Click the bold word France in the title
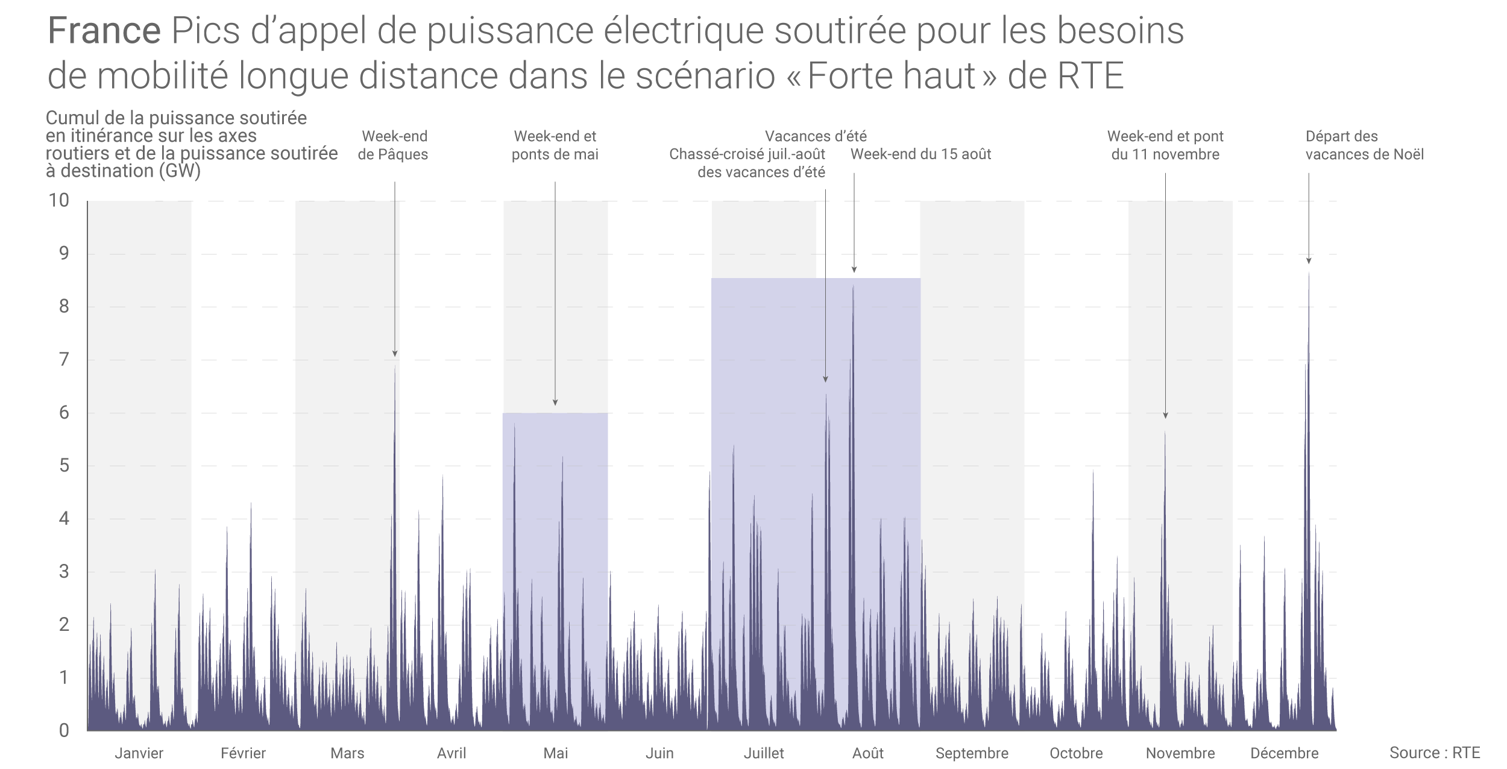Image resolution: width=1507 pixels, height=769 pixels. [x=104, y=31]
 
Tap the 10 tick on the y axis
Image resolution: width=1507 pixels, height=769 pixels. [x=59, y=200]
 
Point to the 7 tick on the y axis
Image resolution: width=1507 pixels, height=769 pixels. [x=64, y=359]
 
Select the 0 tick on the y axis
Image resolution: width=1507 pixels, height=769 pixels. [x=64, y=730]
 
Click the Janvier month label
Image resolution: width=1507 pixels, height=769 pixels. [x=139, y=753]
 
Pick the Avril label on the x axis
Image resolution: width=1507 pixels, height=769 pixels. [x=451, y=753]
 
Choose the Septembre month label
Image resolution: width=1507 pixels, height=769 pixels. [x=972, y=753]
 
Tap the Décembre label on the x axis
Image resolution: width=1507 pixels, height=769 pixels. [x=1284, y=753]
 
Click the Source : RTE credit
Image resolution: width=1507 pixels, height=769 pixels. [x=1435, y=753]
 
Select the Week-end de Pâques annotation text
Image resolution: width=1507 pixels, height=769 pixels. [x=394, y=145]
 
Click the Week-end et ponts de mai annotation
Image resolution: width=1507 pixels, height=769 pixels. [x=555, y=145]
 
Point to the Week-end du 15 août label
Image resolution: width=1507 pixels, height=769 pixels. [x=920, y=154]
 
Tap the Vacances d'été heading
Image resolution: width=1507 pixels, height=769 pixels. [x=816, y=136]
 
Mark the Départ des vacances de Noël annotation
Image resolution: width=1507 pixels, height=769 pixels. [x=1364, y=145]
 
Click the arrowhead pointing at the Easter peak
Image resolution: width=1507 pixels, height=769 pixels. [x=395, y=354]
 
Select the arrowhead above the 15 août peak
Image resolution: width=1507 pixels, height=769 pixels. [x=854, y=270]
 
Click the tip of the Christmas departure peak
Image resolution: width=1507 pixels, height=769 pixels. [x=1309, y=274]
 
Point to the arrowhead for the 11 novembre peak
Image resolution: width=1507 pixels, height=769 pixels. [x=1165, y=416]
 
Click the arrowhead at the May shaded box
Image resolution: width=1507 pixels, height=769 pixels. [x=555, y=402]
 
